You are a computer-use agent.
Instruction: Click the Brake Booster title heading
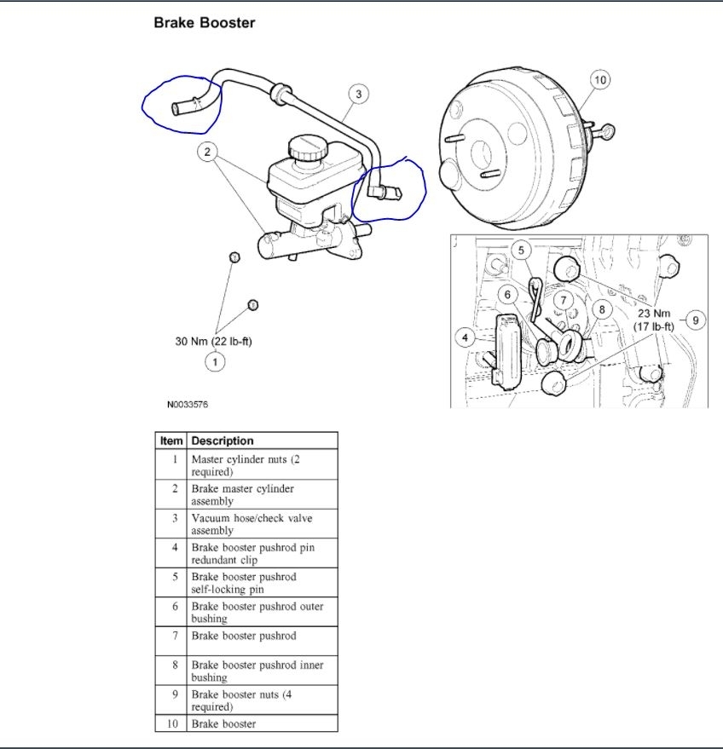(x=204, y=23)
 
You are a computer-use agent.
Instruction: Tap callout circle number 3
(x=359, y=94)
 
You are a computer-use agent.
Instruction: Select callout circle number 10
(x=599, y=80)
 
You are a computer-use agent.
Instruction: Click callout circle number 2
(x=207, y=153)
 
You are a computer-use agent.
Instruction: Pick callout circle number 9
(x=695, y=320)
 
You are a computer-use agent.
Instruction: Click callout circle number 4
(x=466, y=338)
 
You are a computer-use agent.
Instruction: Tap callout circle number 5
(x=523, y=250)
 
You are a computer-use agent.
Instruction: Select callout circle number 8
(x=602, y=309)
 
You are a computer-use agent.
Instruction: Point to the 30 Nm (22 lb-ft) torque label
(x=214, y=341)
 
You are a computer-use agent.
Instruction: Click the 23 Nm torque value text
(x=654, y=313)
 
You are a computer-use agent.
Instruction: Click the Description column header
(x=223, y=441)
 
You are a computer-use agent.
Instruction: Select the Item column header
(x=171, y=441)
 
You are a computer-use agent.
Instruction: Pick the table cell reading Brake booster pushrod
(x=243, y=636)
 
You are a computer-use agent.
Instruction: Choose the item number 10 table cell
(x=171, y=723)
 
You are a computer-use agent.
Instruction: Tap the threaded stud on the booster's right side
(x=605, y=130)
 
